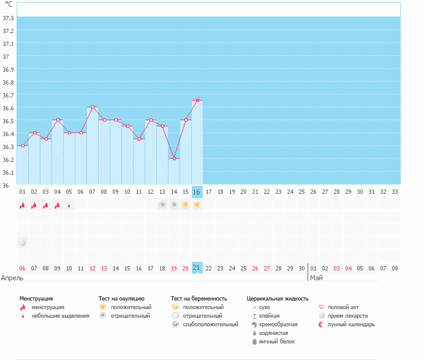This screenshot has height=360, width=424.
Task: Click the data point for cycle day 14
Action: pyautogui.click(x=174, y=158)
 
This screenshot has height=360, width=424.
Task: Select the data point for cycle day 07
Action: pyautogui.click(x=93, y=107)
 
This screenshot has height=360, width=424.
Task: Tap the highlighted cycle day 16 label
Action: pyautogui.click(x=197, y=191)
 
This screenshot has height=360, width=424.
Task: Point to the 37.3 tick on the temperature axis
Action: pyautogui.click(x=9, y=18)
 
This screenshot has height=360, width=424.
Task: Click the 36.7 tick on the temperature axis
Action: pyautogui.click(x=9, y=95)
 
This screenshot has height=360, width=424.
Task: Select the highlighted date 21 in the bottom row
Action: pyautogui.click(x=197, y=268)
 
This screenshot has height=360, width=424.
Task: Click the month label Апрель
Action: pyautogui.click(x=13, y=278)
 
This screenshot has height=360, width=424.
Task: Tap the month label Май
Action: pyautogui.click(x=316, y=278)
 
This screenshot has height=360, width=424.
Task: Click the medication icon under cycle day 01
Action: pyautogui.click(x=23, y=243)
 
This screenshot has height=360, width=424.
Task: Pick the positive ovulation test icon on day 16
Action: pyautogui.click(x=197, y=205)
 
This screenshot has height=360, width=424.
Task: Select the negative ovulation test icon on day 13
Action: pyautogui.click(x=162, y=205)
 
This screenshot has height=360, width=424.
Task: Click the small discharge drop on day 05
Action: pyautogui.click(x=69, y=205)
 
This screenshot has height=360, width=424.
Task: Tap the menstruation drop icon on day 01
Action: pyautogui.click(x=23, y=205)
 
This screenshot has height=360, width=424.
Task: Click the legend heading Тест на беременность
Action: pyautogui.click(x=203, y=298)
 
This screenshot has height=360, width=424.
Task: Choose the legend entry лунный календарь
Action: pyautogui.click(x=351, y=324)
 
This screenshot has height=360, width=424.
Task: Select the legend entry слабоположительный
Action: pyautogui.click(x=210, y=324)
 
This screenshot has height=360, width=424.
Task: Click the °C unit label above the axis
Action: pyautogui.click(x=9, y=4)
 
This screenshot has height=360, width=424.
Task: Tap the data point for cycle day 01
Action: pyautogui.click(x=23, y=145)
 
